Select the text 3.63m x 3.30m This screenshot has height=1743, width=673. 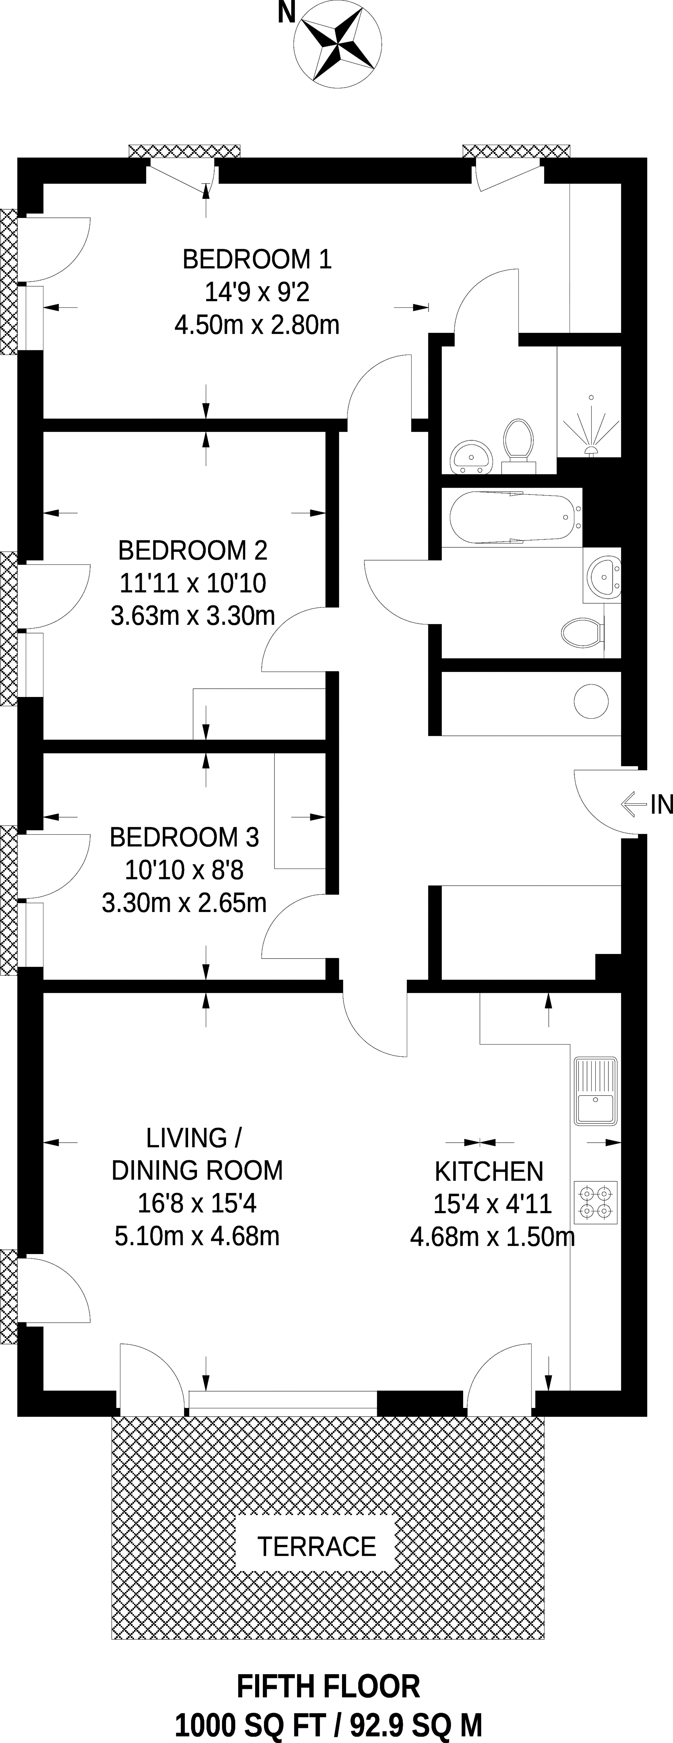click(x=193, y=616)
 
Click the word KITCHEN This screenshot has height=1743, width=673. click(x=489, y=1171)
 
